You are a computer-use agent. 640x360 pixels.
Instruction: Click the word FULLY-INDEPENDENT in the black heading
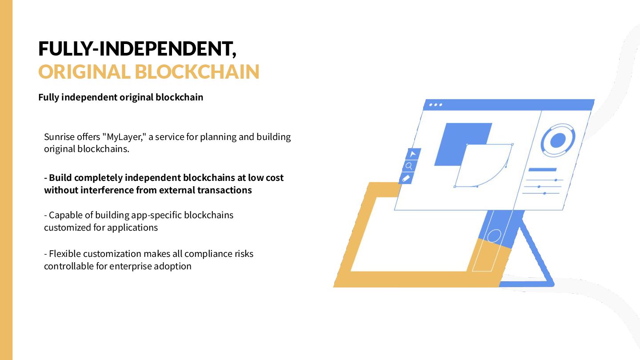pyautogui.click(x=136, y=48)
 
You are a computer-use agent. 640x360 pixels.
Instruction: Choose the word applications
pyautogui.click(x=132, y=228)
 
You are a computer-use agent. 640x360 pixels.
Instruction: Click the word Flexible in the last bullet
pyautogui.click(x=65, y=254)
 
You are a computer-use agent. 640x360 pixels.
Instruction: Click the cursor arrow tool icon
pyautogui.click(x=412, y=154)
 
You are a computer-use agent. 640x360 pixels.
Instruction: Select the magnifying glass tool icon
pyautogui.click(x=409, y=166)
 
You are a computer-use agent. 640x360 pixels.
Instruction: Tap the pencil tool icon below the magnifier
pyautogui.click(x=406, y=178)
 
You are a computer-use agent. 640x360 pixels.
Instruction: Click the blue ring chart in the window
pyautogui.click(x=558, y=140)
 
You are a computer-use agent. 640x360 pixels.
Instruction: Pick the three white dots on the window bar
pyautogui.click(x=435, y=105)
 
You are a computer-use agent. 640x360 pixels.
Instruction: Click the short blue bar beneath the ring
pyautogui.click(x=542, y=170)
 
